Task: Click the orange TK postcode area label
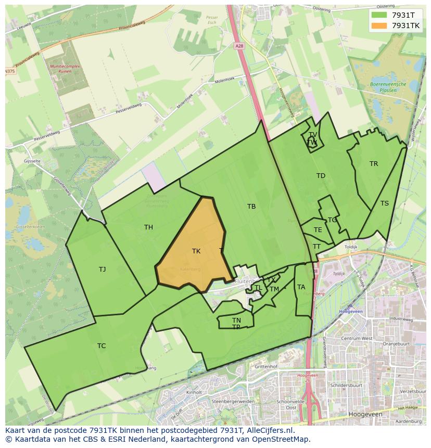tap(196, 251)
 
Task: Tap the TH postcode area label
tap(148, 227)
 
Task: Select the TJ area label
tap(103, 269)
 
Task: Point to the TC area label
tap(102, 345)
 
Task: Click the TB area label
tap(251, 207)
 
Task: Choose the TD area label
tap(321, 176)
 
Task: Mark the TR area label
tap(374, 163)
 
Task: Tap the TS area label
tap(384, 203)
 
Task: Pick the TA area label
tap(301, 287)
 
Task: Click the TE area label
tap(318, 229)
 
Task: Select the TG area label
tap(332, 220)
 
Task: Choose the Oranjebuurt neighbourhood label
tap(397, 343)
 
